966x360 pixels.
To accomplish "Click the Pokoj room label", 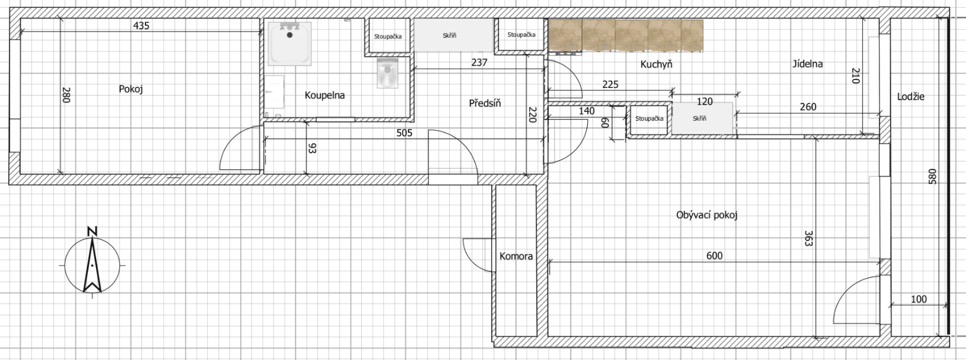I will (x=131, y=89).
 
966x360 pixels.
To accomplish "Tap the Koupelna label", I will (x=325, y=95).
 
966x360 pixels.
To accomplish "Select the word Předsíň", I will (x=485, y=103).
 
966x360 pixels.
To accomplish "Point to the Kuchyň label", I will (x=656, y=64).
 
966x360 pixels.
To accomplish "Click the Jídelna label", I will (x=807, y=64).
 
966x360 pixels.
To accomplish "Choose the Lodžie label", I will (x=911, y=97).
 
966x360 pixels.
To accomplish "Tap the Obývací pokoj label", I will (x=707, y=215).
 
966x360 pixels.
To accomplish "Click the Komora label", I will (x=516, y=256).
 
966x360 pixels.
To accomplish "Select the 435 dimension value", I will (x=141, y=26).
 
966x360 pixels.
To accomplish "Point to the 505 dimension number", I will (x=404, y=133).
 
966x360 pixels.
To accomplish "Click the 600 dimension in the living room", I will (x=714, y=256).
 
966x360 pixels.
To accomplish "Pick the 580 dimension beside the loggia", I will (x=932, y=177).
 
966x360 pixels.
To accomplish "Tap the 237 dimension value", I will (x=479, y=63).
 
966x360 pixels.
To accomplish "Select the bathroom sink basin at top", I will (x=290, y=42).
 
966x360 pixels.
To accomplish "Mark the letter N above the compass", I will (x=92, y=231).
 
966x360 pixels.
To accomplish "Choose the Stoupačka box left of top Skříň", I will (x=387, y=36).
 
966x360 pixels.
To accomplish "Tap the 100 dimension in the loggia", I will (x=919, y=299).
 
